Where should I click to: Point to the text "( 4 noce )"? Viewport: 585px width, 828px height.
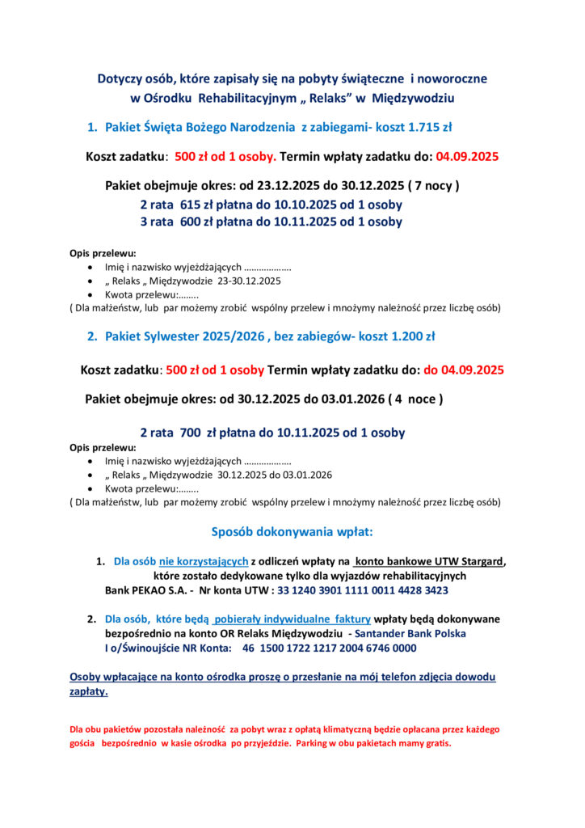click(x=415, y=399)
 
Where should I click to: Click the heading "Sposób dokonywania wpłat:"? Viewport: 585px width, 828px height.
click(x=292, y=532)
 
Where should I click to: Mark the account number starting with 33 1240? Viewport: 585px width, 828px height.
click(x=362, y=590)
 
